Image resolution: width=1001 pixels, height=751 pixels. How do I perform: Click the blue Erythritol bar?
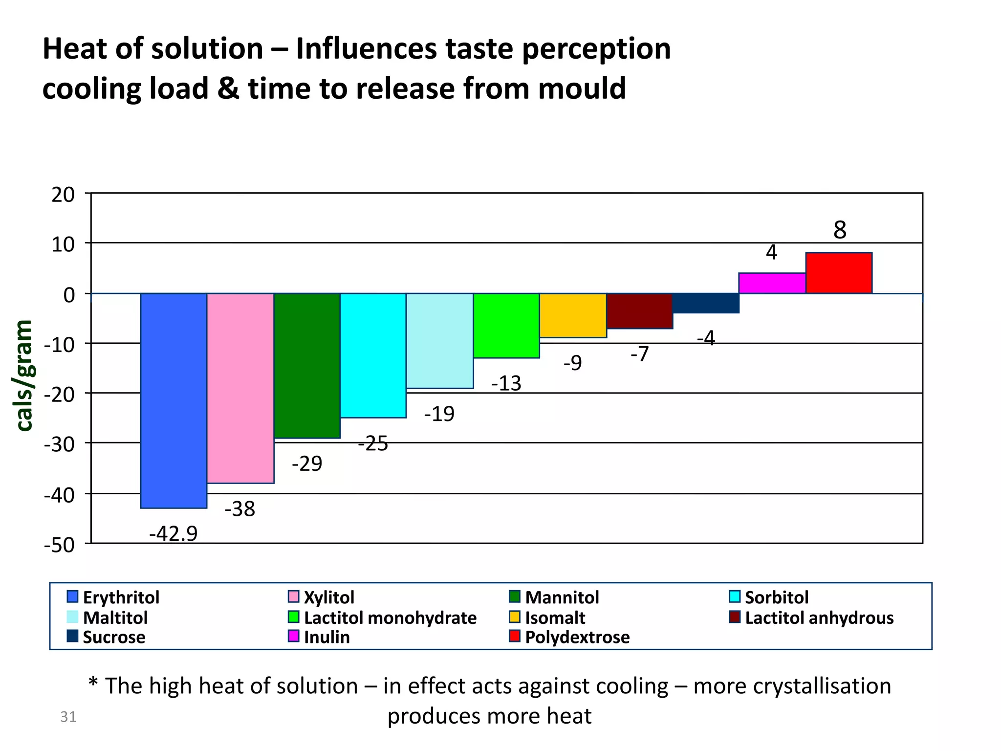click(174, 400)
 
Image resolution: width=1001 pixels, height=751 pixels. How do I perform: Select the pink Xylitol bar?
click(240, 388)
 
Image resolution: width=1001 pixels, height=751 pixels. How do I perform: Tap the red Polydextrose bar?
click(839, 273)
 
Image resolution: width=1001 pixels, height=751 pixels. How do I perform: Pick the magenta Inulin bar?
click(772, 283)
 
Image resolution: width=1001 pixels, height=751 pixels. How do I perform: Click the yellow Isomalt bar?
click(573, 315)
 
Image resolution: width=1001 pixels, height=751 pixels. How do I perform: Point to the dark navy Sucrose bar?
click(705, 303)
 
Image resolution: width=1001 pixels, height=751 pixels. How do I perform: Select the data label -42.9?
click(173, 533)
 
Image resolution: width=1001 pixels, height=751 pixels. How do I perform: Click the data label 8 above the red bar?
click(840, 230)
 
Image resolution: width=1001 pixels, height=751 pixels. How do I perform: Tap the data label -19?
click(439, 414)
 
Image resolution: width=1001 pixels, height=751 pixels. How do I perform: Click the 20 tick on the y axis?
click(63, 195)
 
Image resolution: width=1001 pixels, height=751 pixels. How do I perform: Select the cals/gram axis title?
click(24, 375)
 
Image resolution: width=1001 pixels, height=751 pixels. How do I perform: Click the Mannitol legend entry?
click(562, 597)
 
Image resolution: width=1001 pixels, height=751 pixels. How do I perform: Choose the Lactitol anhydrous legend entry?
click(819, 618)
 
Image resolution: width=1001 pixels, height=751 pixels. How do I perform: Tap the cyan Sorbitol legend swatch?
click(735, 597)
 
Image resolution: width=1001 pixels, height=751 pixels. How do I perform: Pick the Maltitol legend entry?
click(115, 618)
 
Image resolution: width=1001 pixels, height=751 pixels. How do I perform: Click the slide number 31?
click(68, 717)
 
